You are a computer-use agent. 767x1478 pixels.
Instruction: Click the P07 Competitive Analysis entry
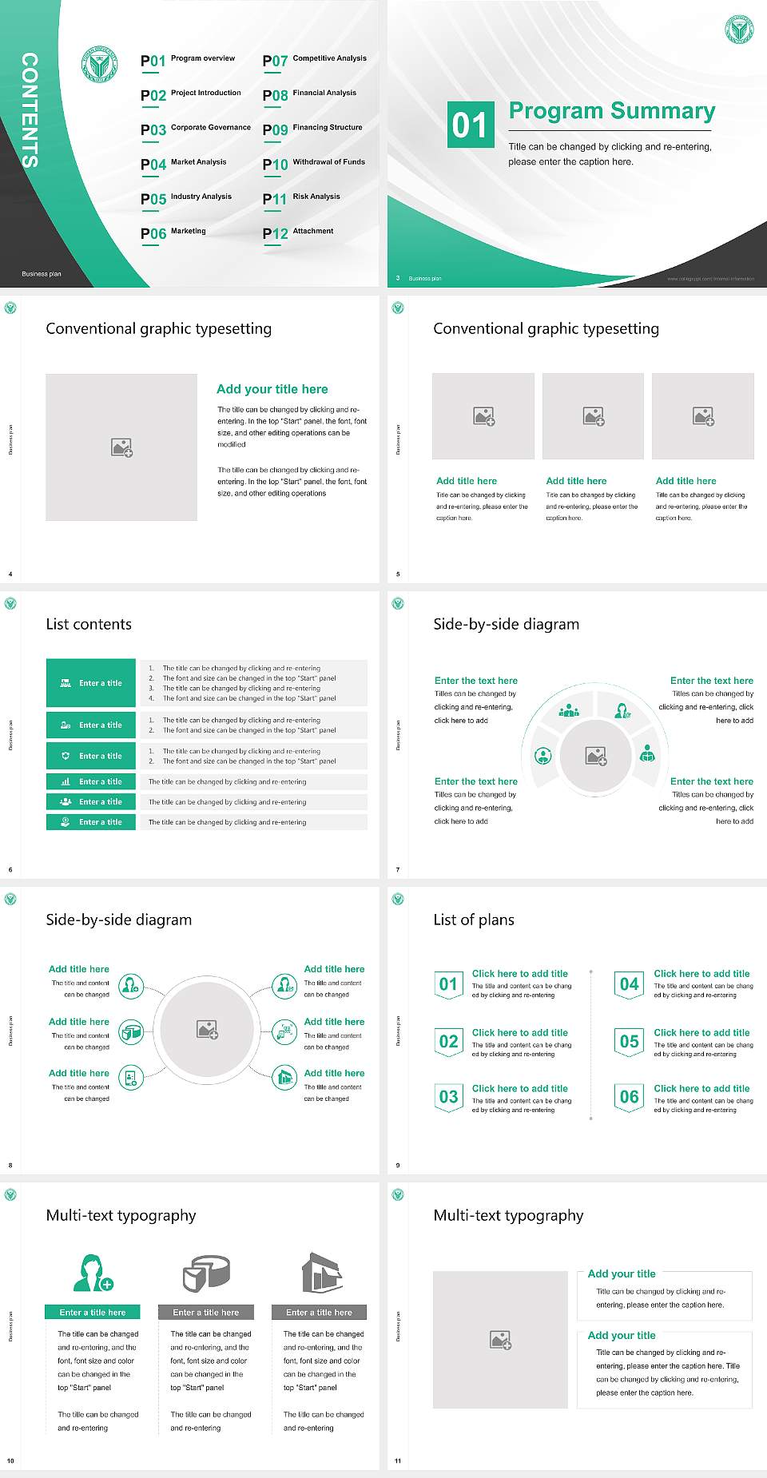click(x=315, y=60)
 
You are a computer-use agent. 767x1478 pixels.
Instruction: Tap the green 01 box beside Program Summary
click(x=471, y=125)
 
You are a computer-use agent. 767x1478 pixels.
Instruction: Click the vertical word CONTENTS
click(x=30, y=109)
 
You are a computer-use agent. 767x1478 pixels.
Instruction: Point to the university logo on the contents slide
click(x=99, y=64)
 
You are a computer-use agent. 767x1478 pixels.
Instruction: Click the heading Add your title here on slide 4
click(x=272, y=389)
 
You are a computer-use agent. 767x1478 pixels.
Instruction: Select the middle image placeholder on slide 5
click(x=593, y=416)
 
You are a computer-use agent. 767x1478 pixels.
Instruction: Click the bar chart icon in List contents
click(x=66, y=781)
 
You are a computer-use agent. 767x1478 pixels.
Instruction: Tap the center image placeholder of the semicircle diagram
click(x=596, y=756)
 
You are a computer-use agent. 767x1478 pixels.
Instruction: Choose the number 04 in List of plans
click(x=630, y=984)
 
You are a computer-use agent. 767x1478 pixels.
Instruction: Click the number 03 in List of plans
click(x=449, y=1097)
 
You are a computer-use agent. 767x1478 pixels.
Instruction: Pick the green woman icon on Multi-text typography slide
click(x=93, y=1273)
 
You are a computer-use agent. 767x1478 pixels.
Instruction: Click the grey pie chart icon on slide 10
click(x=206, y=1273)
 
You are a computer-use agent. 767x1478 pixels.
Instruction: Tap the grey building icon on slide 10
click(x=322, y=1273)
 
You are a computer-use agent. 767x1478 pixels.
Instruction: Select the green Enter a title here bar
click(x=93, y=1312)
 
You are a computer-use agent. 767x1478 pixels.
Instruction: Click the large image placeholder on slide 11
click(x=500, y=1339)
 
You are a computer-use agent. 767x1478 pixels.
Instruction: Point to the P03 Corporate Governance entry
click(x=196, y=129)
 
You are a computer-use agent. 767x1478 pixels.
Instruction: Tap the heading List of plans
click(x=474, y=920)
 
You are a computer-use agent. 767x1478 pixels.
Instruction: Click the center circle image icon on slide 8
click(x=208, y=1029)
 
